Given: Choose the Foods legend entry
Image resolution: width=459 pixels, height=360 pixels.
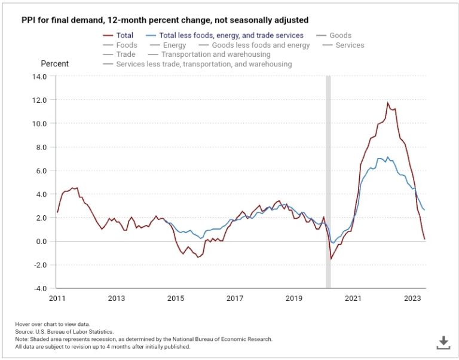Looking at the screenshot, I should (x=126, y=45).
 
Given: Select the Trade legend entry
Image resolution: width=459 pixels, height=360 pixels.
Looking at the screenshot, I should (x=126, y=54).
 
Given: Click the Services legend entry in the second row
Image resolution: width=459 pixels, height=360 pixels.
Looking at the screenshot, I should (x=350, y=45).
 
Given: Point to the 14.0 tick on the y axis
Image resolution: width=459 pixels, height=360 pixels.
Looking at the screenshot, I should (x=38, y=77).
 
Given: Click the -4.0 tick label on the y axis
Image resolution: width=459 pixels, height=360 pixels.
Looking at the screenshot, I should (x=38, y=289).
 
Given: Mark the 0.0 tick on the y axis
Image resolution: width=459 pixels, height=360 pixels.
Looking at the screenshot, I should (x=40, y=242).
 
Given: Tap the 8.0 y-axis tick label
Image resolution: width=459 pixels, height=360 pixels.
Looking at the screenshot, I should (x=40, y=147).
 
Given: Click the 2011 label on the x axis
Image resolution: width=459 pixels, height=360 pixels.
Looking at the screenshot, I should (x=57, y=298).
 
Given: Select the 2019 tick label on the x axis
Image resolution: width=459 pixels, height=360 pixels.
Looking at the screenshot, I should (x=293, y=298).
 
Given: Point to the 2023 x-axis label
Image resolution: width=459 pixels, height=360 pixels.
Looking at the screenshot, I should (x=412, y=298).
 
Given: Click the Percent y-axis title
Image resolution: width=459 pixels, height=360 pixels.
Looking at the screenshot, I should (x=54, y=63).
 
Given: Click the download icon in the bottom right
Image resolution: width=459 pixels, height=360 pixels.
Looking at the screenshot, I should (x=443, y=342).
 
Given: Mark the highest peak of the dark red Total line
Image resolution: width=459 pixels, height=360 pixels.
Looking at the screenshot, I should (x=387, y=103).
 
